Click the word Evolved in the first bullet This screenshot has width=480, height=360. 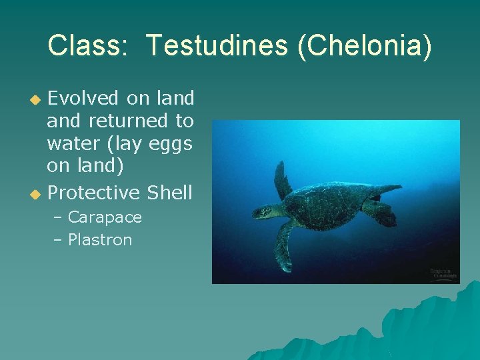[85, 98]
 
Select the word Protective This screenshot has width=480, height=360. [94, 193]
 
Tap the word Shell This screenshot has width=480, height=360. [169, 193]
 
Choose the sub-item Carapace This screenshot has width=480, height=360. [105, 217]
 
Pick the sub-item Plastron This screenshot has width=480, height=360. [100, 240]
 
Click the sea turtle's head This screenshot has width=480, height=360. [263, 212]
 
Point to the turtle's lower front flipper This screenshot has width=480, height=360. [284, 247]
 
